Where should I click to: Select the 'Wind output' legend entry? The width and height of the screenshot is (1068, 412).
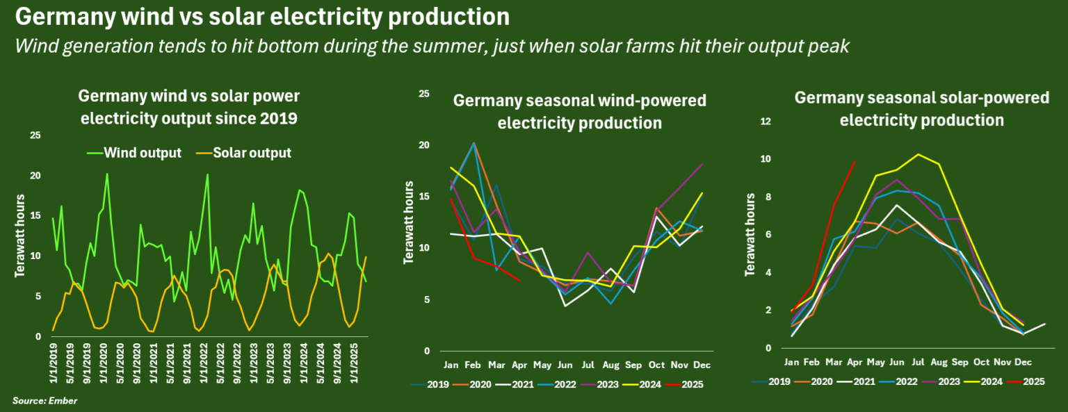pyautogui.click(x=142, y=153)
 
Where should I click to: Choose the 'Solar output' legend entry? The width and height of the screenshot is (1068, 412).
pyautogui.click(x=252, y=153)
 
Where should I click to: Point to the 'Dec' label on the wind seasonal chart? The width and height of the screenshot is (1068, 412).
pyautogui.click(x=702, y=365)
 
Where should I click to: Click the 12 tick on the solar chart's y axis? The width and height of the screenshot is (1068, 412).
pyautogui.click(x=766, y=122)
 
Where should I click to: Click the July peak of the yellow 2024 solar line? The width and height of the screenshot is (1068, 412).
pyautogui.click(x=918, y=154)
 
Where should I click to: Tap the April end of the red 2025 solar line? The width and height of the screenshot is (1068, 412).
pyautogui.click(x=855, y=162)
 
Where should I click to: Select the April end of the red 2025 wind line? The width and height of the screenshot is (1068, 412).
pyautogui.click(x=520, y=281)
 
